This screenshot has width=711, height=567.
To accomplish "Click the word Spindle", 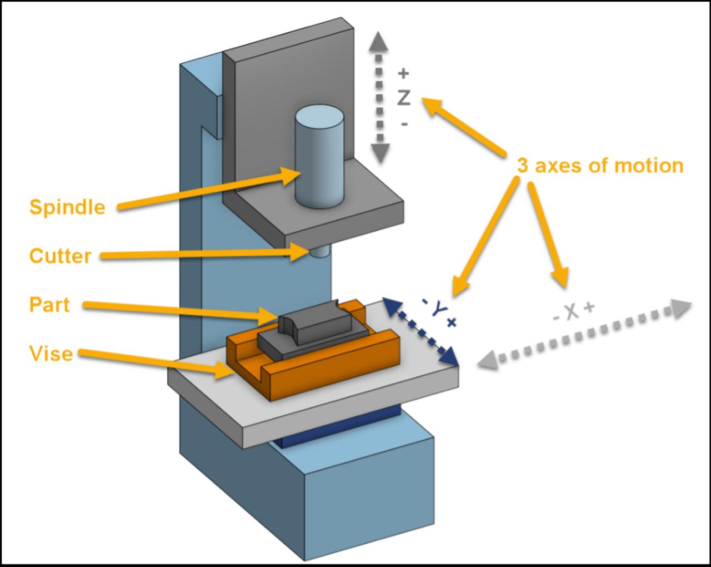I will pos(67,207).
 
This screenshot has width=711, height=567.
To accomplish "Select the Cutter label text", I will pos(60,256).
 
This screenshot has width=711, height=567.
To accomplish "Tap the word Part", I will pos(49,305).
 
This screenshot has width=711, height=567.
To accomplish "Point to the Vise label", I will pos(51,353).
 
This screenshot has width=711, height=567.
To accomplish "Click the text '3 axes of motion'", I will pos(600,166).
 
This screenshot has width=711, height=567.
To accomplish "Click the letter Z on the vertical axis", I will pos(404,98).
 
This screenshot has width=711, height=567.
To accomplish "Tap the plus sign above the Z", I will pos(404,73).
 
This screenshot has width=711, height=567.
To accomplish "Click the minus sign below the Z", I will pos(404,123).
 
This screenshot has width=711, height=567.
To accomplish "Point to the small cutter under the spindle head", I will pos(319,252).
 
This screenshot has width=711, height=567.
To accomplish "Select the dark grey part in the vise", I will pos(314,332).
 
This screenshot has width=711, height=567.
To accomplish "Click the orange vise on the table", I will pos(333,370).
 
